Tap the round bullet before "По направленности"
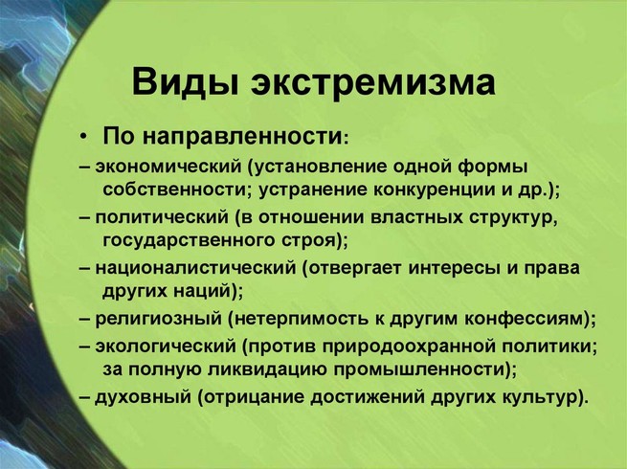pos(83,138)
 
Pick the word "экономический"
pos(168,167)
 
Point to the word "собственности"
pos(177,190)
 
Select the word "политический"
pos(162,217)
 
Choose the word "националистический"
pos(195,267)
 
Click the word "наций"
pos(203,291)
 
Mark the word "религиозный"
pos(158,319)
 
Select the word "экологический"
pos(166,346)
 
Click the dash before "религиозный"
pos(85,319)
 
